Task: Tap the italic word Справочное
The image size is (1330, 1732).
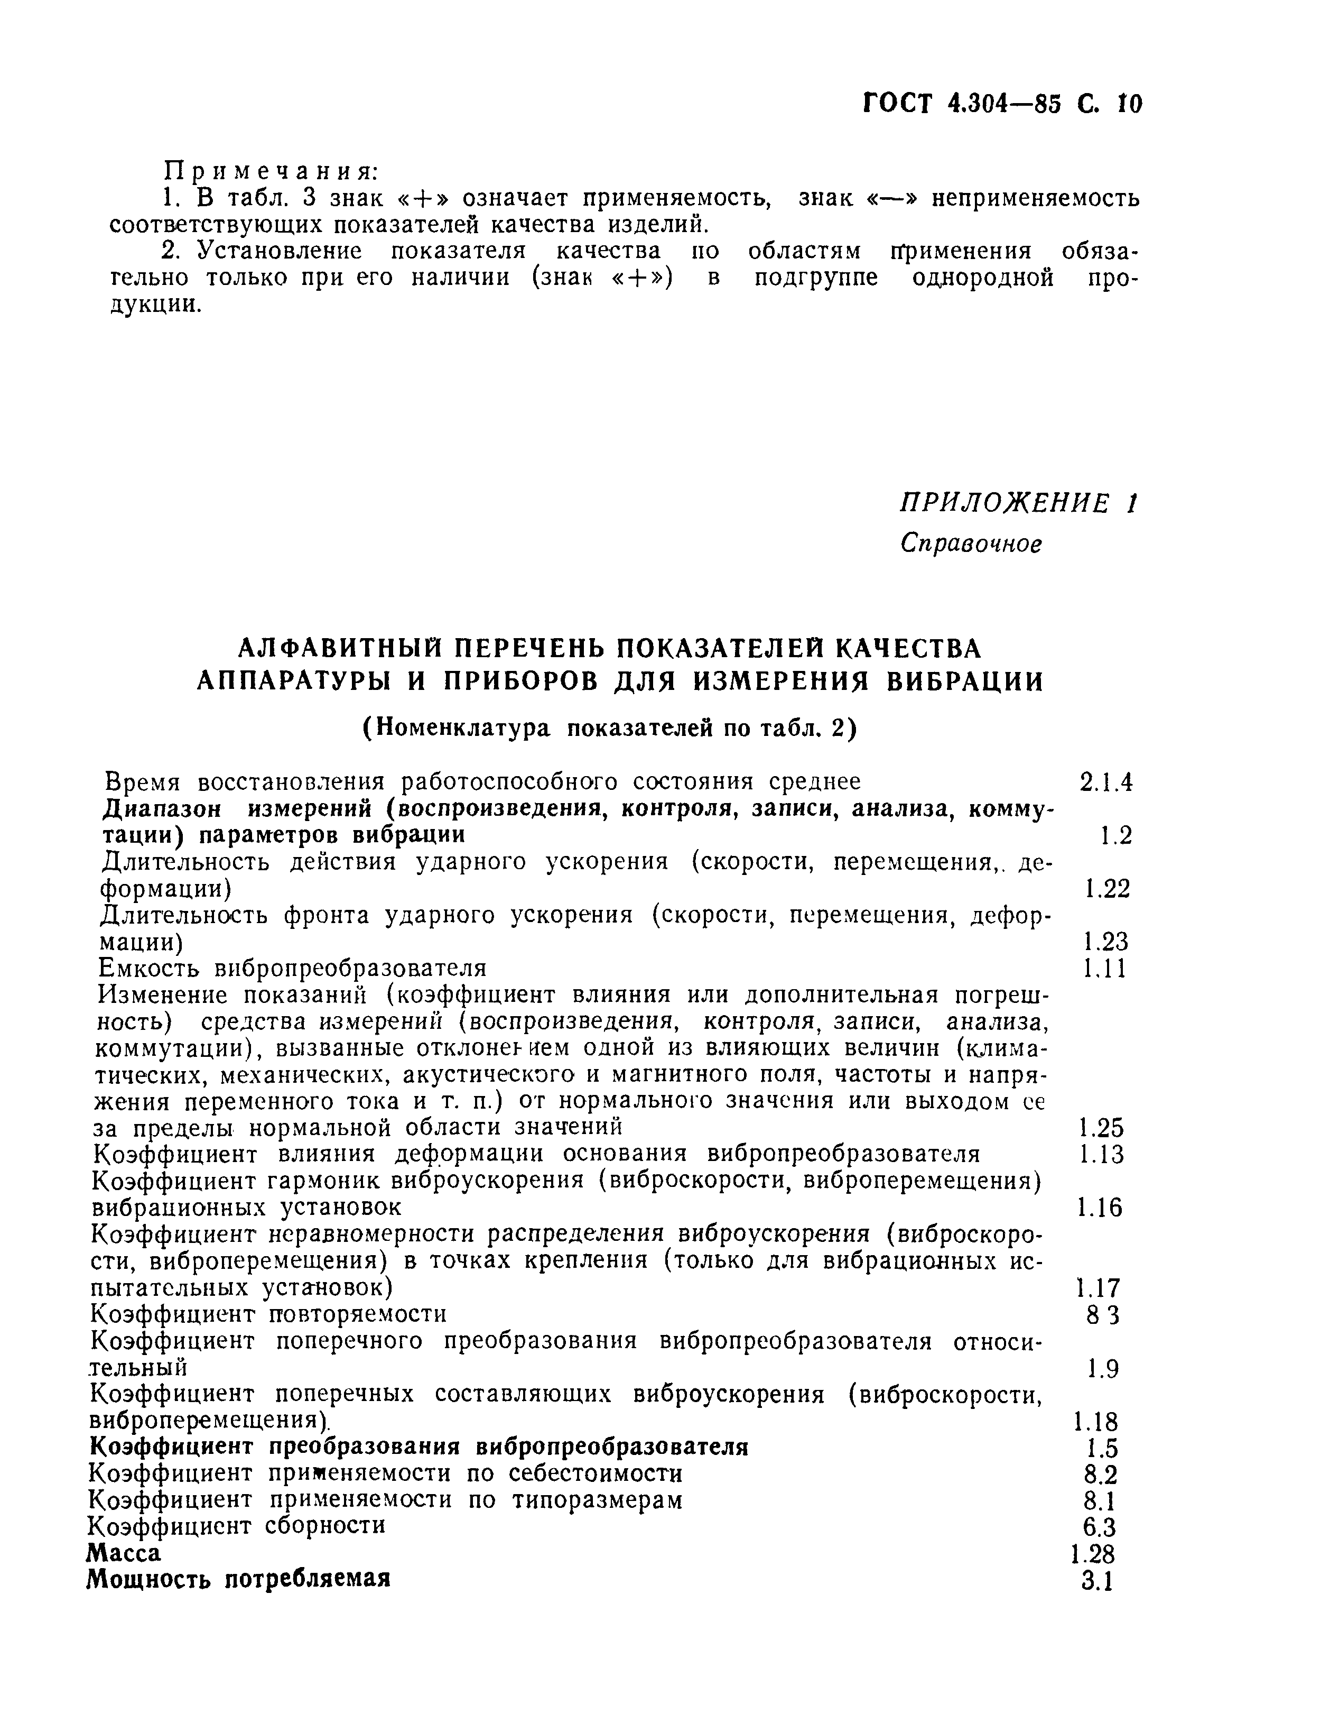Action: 971,543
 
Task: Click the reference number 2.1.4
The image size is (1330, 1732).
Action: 1106,782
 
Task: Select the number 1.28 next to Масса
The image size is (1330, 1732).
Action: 1093,1554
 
